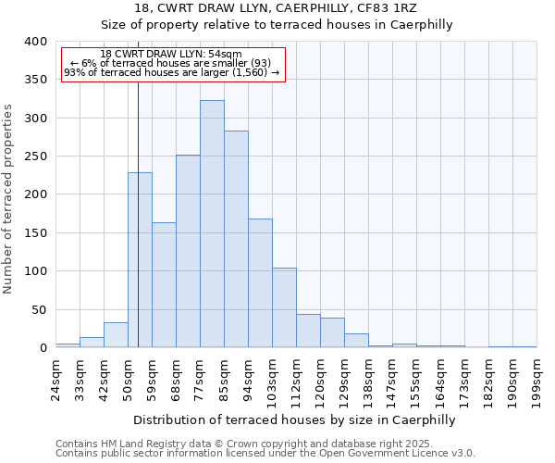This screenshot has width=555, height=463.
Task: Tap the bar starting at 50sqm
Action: pos(140,260)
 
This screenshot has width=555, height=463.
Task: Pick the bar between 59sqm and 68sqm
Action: pos(164,285)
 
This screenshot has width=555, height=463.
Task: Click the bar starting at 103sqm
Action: pos(284,308)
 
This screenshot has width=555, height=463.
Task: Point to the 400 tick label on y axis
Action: pos(35,42)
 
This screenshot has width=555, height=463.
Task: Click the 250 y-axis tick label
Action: pos(35,156)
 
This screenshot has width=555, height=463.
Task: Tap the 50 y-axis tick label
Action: pos(39,309)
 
